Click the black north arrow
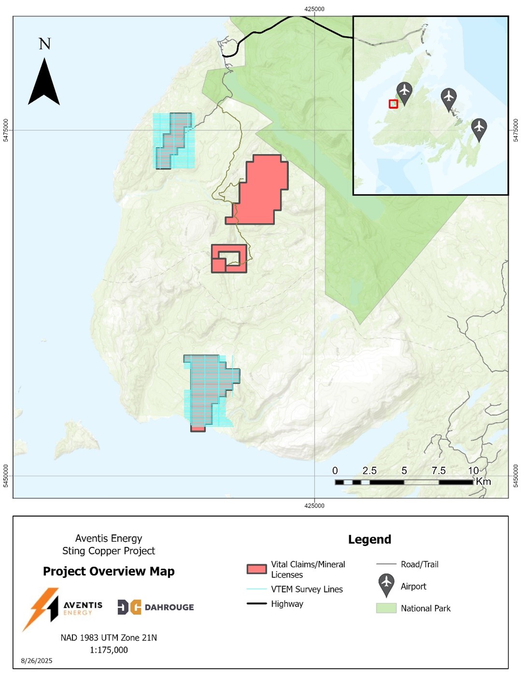tap(44, 83)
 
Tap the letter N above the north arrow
tap(44, 44)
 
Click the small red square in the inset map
tap(393, 104)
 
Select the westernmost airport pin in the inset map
tap(404, 92)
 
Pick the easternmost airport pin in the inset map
tap(479, 128)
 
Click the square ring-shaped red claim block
tap(229, 258)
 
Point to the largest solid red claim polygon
tap(261, 191)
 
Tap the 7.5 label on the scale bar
tap(438, 470)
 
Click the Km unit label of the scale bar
tap(483, 481)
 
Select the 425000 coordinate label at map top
tap(315, 9)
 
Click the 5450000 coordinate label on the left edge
tap(6, 476)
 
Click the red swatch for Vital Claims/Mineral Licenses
tap(256, 569)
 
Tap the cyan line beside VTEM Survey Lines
tap(256, 589)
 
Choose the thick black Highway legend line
tap(256, 604)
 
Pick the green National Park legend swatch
tap(386, 608)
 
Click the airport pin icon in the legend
tap(386, 585)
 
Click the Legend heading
tap(370, 539)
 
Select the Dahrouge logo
tap(155, 607)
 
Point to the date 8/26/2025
tap(37, 661)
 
